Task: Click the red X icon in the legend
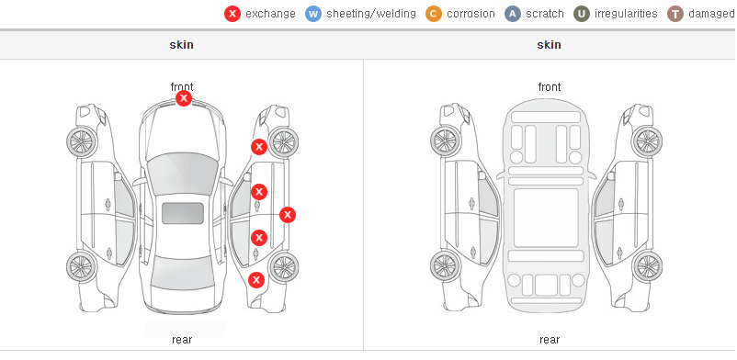click(x=232, y=14)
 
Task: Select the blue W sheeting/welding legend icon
click(x=313, y=14)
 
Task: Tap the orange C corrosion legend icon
click(x=434, y=14)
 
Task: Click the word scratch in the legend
click(x=545, y=14)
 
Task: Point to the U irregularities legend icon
click(x=582, y=14)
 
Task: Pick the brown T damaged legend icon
click(x=675, y=14)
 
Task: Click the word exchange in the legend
click(x=270, y=14)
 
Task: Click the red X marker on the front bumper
click(x=184, y=98)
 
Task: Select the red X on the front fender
click(x=259, y=147)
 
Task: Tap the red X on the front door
click(x=259, y=192)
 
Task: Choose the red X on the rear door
click(x=259, y=238)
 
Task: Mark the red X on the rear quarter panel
click(x=256, y=281)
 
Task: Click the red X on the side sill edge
click(x=288, y=215)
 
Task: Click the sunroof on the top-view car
click(x=183, y=213)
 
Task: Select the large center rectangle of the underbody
click(x=546, y=218)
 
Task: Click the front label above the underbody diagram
click(x=550, y=87)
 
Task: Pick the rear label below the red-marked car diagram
click(x=182, y=340)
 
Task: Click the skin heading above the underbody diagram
click(x=549, y=45)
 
